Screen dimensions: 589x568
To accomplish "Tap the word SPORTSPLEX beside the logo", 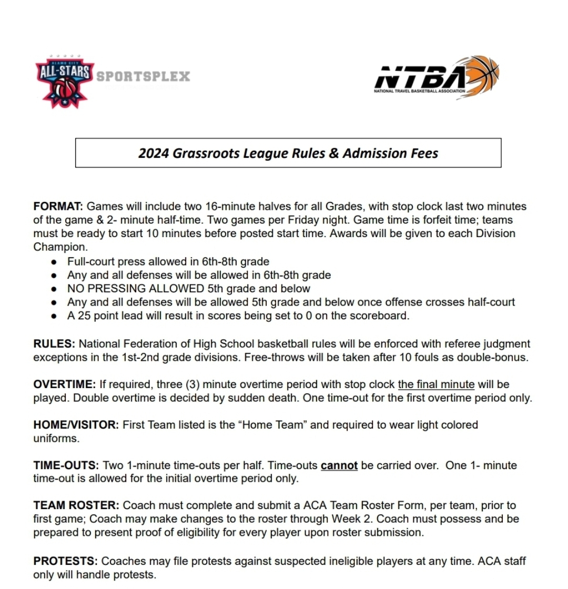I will click(x=143, y=76).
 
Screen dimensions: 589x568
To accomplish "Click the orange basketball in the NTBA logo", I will click(x=483, y=73).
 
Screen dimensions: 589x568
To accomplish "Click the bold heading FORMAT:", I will click(x=58, y=207).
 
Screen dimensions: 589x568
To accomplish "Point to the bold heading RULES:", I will click(x=54, y=344).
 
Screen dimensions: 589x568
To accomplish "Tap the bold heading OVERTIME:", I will click(x=64, y=384).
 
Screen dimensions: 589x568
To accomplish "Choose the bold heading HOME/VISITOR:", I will click(x=76, y=425).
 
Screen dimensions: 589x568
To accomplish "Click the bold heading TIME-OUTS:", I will click(x=66, y=465).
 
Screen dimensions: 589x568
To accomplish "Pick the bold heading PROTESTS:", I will click(x=66, y=562).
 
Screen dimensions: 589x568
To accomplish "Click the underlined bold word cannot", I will click(x=339, y=465).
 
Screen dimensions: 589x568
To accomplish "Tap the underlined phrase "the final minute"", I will click(x=436, y=384).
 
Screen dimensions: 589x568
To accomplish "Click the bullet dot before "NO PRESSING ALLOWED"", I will click(x=54, y=289).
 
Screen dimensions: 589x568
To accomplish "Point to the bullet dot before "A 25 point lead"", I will click(x=54, y=316).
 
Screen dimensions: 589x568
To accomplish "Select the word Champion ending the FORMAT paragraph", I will click(x=59, y=247).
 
